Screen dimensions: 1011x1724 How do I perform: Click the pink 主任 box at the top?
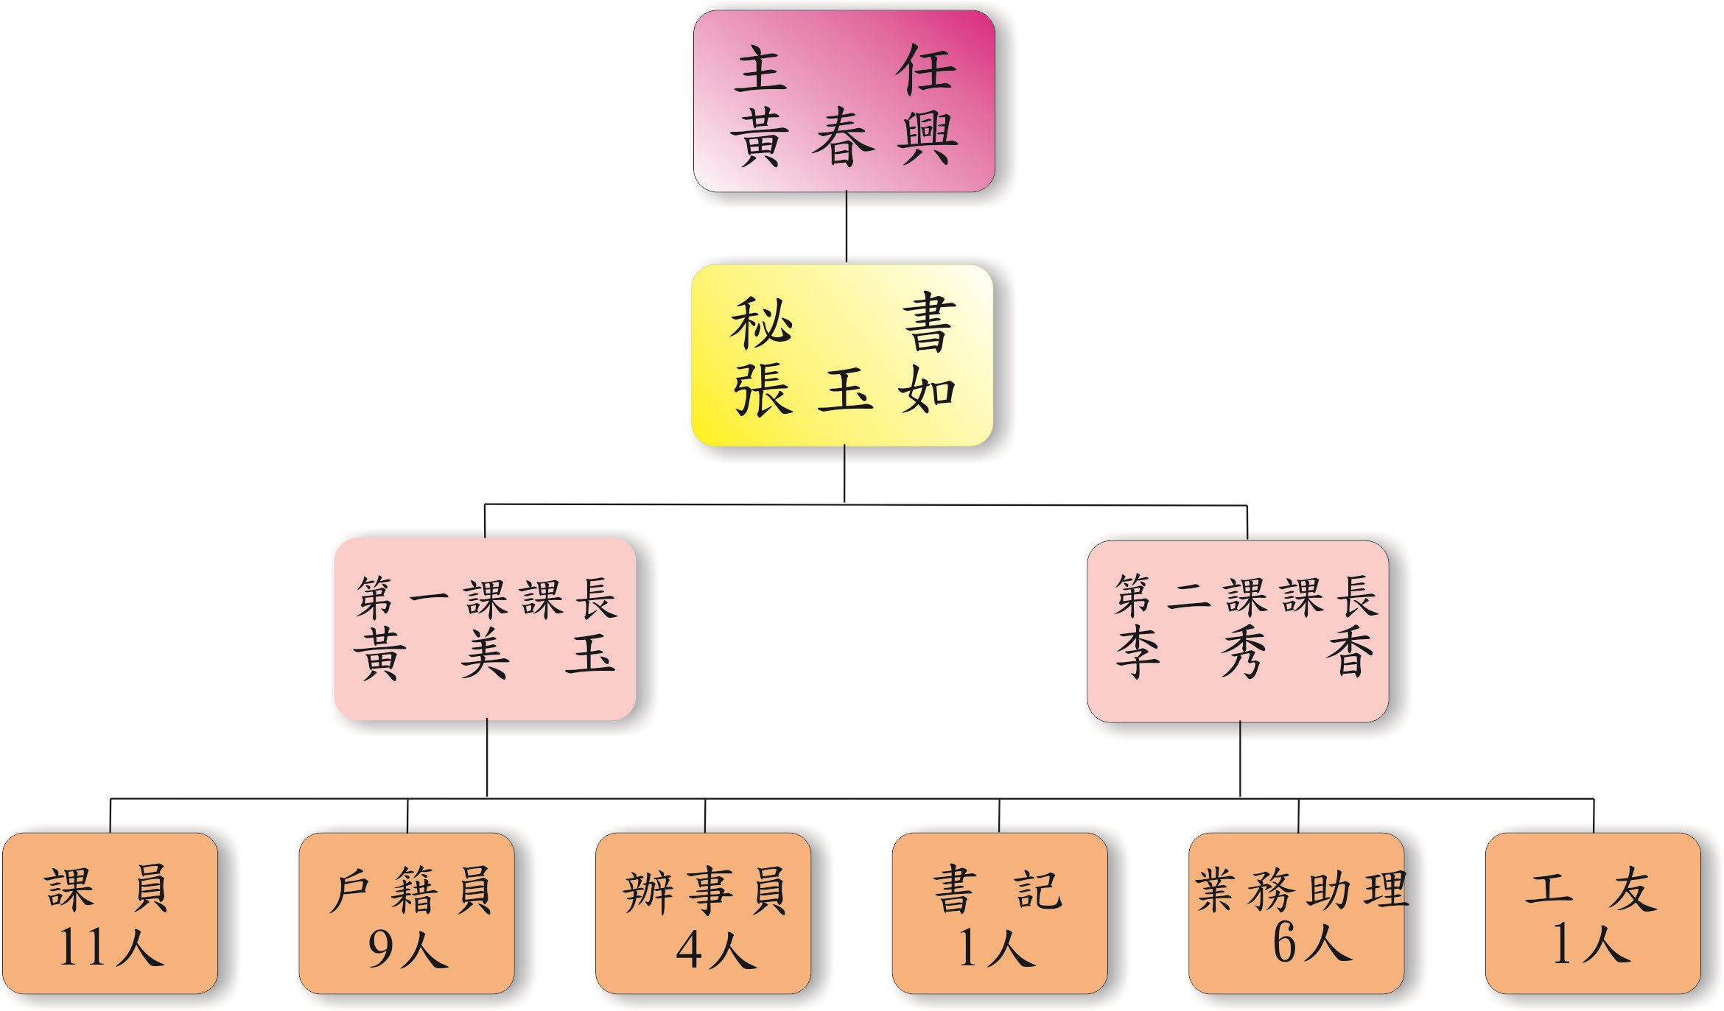[844, 101]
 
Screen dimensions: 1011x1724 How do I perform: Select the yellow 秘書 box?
[842, 355]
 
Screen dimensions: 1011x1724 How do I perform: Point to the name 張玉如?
[844, 391]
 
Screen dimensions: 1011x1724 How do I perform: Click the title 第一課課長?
[486, 597]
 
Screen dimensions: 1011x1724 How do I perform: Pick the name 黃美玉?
[484, 654]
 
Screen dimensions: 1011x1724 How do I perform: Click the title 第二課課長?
[1245, 596]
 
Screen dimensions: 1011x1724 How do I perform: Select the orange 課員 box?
[110, 913]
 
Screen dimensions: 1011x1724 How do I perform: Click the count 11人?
[110, 947]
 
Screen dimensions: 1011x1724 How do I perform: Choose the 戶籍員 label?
[410, 890]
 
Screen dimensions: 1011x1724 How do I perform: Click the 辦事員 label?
[705, 890]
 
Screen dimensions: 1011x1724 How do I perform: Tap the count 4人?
[715, 949]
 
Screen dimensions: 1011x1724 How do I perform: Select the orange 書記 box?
[999, 913]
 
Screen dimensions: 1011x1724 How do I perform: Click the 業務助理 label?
[1300, 890]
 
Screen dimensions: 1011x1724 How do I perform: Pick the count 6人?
[1310, 943]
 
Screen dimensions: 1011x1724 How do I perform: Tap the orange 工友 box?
[1593, 913]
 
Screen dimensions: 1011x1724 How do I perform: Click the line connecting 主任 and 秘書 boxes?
[846, 228]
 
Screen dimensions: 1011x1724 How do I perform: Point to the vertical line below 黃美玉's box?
[487, 758]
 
